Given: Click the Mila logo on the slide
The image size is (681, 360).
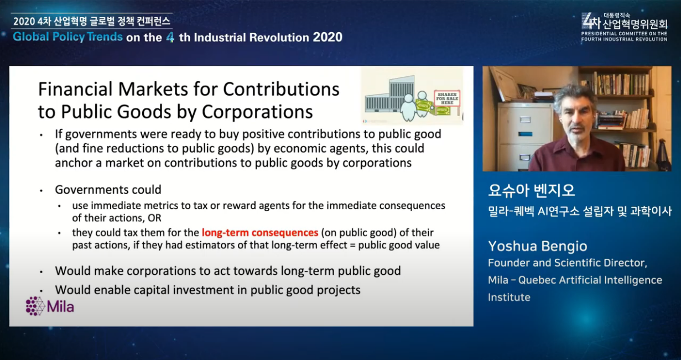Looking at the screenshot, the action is point(50,306).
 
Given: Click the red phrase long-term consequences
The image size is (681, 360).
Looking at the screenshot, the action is point(260,232).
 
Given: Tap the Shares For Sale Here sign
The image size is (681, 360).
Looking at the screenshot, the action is point(447,98).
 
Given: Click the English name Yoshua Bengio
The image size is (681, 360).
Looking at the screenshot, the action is point(538,246).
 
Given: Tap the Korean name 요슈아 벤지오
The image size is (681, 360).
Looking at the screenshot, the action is point(532,190).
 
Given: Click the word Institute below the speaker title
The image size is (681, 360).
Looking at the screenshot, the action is point(510,297).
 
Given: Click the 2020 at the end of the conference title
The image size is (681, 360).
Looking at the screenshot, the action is point(327,38).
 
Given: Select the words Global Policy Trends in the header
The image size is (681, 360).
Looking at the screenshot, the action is point(68,36).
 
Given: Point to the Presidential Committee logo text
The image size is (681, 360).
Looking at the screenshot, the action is point(624,36).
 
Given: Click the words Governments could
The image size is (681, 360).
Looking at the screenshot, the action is point(108,190).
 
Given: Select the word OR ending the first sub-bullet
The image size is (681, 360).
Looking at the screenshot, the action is point(154,218).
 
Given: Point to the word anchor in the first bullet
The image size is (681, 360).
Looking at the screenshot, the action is point(75,163).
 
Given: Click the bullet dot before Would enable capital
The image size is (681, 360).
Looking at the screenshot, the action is point(41,291).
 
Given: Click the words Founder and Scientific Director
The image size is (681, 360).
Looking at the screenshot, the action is point(567,263).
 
